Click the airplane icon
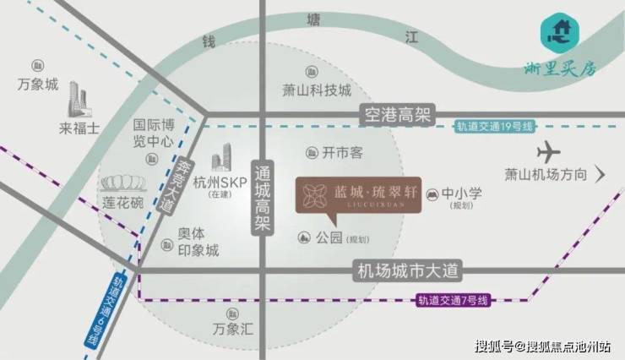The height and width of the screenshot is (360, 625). click(549, 153)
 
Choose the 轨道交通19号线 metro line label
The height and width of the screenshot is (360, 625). click(494, 126)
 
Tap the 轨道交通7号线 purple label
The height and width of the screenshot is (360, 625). click(453, 300)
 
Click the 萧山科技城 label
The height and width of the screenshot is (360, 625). click(316, 90)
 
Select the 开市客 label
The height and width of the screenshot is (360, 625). click(342, 153)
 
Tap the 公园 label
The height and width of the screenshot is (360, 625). click(330, 239)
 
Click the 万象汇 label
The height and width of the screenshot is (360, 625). click(233, 329)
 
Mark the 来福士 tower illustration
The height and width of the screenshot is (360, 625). click(79, 101)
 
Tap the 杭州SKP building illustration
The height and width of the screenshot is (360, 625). click(221, 156)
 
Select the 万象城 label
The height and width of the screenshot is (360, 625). click(38, 84)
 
